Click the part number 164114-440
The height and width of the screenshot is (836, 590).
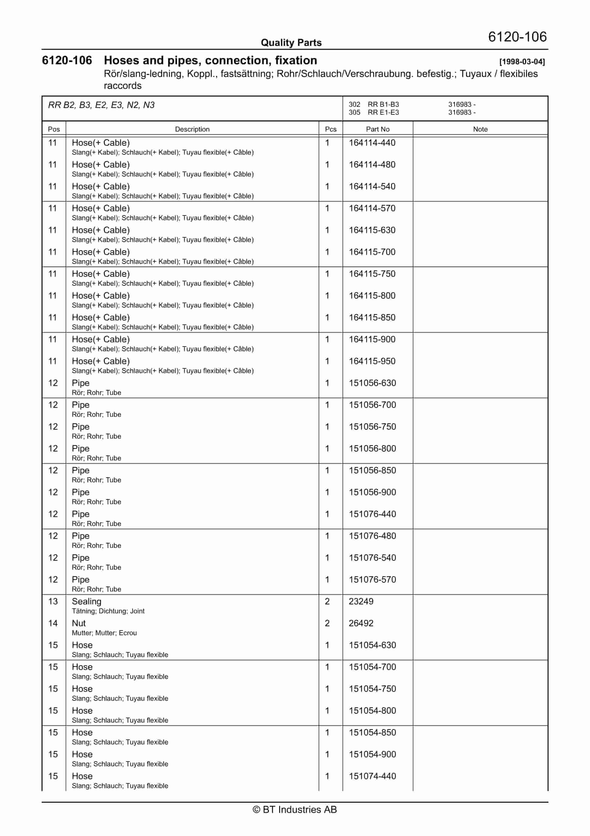click(x=372, y=143)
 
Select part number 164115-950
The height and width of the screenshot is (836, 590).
click(x=372, y=361)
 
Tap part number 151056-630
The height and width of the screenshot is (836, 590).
click(x=372, y=383)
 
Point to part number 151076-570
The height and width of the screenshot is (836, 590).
click(x=372, y=580)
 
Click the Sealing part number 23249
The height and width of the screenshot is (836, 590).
click(x=361, y=601)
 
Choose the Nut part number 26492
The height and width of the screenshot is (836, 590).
click(x=361, y=623)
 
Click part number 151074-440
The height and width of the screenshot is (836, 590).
click(x=372, y=776)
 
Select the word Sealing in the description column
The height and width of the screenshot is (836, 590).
click(x=87, y=601)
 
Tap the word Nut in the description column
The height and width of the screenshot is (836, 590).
click(x=79, y=623)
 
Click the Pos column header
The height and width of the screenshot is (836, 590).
click(x=54, y=129)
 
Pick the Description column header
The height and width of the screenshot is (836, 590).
click(x=192, y=129)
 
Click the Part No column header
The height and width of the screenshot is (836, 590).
click(x=378, y=129)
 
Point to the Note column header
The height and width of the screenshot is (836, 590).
click(x=480, y=129)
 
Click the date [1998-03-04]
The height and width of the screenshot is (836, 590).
click(x=522, y=62)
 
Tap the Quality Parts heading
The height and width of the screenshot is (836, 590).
click(x=291, y=43)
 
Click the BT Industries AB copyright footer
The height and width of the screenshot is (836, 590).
click(x=295, y=809)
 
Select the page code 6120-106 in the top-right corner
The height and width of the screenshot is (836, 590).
click(x=517, y=37)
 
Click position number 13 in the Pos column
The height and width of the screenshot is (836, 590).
click(x=53, y=601)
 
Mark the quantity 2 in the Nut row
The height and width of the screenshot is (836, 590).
click(x=327, y=623)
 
